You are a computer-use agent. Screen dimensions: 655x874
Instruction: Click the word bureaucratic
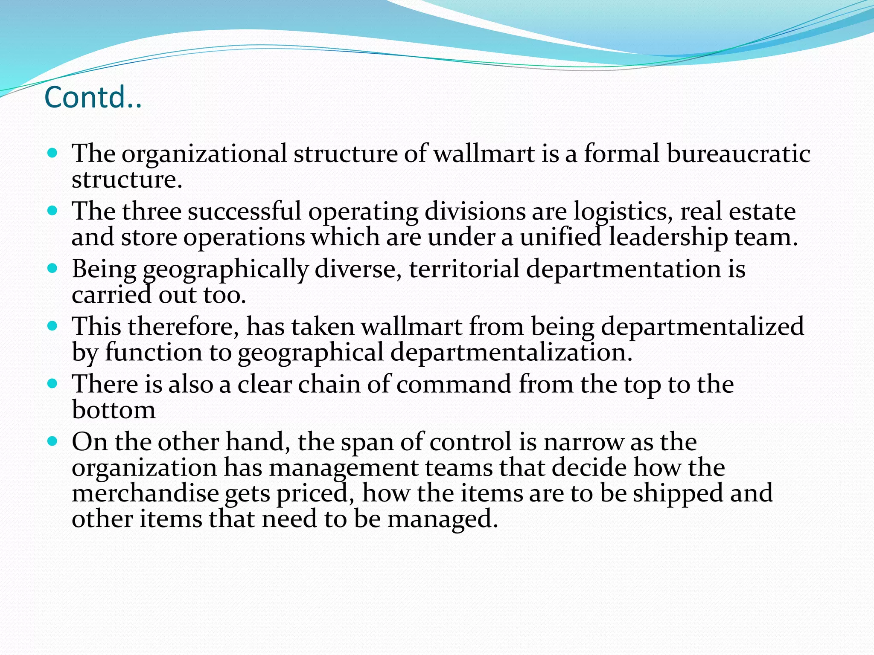tap(738, 153)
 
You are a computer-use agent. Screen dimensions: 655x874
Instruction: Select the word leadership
tap(668, 237)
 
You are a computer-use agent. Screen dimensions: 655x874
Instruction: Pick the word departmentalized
tap(702, 327)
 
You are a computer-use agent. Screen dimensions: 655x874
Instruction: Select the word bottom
tap(114, 410)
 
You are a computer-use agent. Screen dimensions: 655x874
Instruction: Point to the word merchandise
tap(145, 493)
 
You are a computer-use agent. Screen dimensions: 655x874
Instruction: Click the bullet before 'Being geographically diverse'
tap(52, 269)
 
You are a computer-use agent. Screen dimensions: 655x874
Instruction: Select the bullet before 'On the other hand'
tap(52, 441)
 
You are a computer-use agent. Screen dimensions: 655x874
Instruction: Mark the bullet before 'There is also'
tap(52, 384)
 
